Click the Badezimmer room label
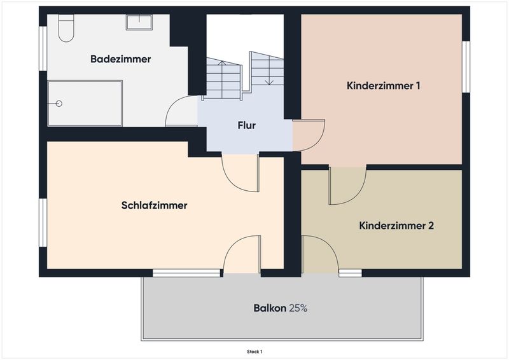[120, 59]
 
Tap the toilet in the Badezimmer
[66, 28]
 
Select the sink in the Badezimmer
[139, 22]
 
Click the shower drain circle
[59, 104]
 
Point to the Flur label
[247, 125]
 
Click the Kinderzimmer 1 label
[384, 86]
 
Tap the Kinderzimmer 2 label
[396, 226]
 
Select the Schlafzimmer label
[154, 205]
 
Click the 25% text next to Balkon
[298, 308]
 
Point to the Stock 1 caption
[254, 352]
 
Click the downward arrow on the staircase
[269, 72]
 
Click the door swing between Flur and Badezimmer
[181, 111]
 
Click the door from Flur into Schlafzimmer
[241, 173]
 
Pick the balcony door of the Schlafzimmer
[242, 255]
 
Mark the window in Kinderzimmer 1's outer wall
[466, 67]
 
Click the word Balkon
[270, 308]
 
